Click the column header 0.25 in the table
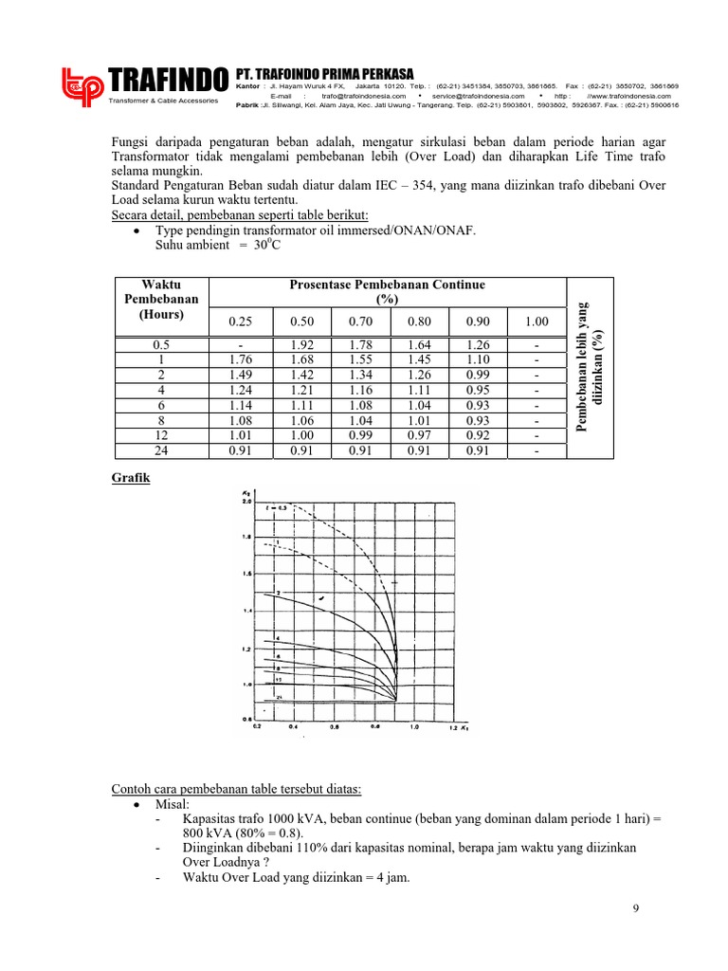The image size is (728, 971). pyautogui.click(x=241, y=323)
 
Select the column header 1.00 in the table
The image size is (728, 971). pyautogui.click(x=537, y=323)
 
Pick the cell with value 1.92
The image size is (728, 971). pyautogui.click(x=301, y=345)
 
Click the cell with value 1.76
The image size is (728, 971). pyautogui.click(x=241, y=360)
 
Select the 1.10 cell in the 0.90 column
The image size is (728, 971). pyautogui.click(x=478, y=360)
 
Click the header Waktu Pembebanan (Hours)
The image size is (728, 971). pyautogui.click(x=161, y=300)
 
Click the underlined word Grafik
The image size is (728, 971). pyautogui.click(x=131, y=479)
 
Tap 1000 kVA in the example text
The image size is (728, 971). pyautogui.click(x=281, y=816)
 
